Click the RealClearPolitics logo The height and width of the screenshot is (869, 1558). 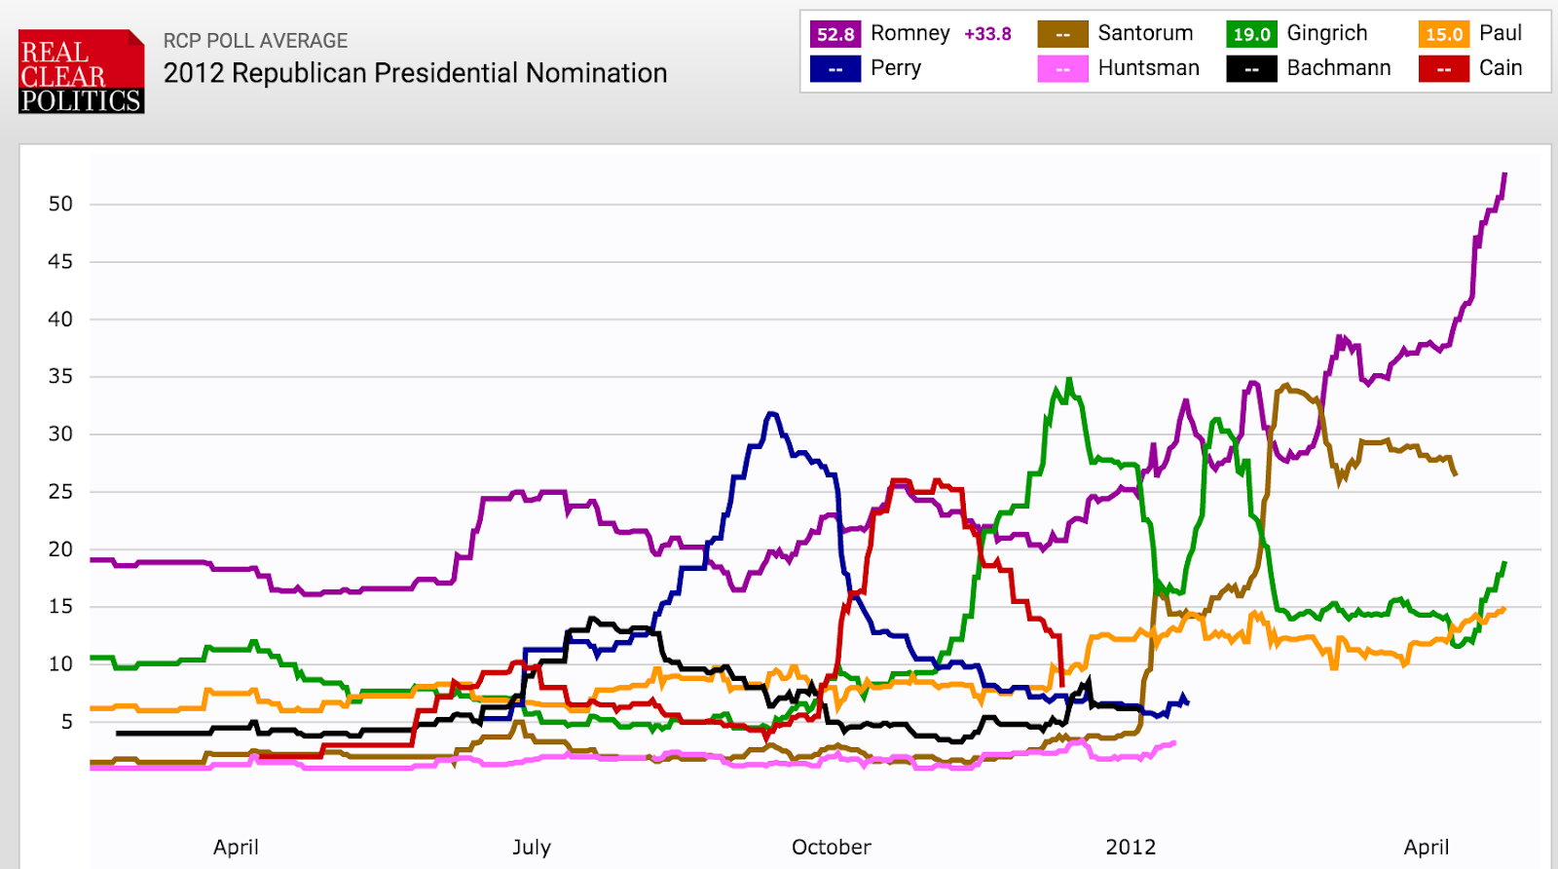[x=82, y=72]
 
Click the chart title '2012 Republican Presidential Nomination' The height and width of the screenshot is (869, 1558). [x=415, y=73]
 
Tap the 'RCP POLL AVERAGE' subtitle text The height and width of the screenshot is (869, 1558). [x=255, y=41]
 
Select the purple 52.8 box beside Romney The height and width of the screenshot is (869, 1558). [x=835, y=34]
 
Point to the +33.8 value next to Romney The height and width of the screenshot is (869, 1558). [x=987, y=34]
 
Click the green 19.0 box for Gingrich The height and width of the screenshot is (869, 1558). [x=1251, y=34]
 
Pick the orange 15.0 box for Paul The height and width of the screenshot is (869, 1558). [x=1444, y=34]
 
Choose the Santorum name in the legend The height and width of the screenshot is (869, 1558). [x=1145, y=33]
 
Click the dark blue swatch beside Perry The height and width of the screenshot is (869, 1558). [x=835, y=69]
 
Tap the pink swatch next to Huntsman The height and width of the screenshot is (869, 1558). [x=1062, y=69]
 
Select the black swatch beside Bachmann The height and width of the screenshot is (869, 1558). [x=1251, y=69]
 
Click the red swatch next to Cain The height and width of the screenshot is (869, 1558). [x=1444, y=69]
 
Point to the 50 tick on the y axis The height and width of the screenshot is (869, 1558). [x=60, y=204]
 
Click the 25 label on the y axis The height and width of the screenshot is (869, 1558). [x=60, y=491]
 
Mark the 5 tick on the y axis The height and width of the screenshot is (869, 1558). [x=66, y=721]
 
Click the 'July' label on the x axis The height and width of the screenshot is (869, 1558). [x=532, y=847]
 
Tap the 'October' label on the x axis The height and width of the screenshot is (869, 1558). [x=832, y=847]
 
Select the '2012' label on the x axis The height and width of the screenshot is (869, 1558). [x=1131, y=847]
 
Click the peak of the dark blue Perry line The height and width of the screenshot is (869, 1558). [x=772, y=414]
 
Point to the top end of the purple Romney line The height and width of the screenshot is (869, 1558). [x=1504, y=174]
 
